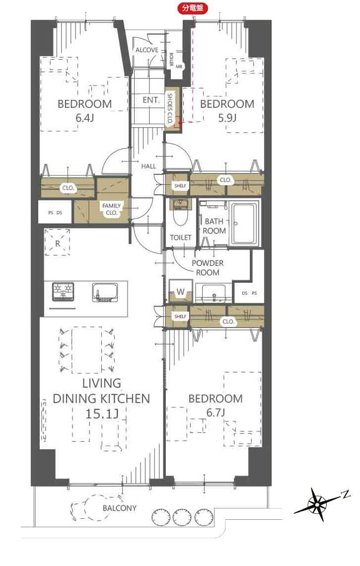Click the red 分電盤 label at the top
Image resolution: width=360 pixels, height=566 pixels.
point(193,8)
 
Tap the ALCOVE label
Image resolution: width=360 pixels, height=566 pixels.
point(147,50)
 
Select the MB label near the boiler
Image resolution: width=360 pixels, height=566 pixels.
point(179,67)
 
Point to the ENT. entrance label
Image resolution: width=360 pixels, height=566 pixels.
point(151,100)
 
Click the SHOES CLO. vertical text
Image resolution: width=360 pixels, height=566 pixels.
point(170,108)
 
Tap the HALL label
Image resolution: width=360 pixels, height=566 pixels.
point(148,166)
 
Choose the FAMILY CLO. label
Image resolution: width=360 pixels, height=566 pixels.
point(111,209)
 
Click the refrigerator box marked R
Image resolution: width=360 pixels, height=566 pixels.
point(58,243)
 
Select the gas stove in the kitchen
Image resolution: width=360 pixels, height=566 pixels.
point(64,291)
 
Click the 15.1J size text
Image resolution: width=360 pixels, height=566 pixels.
point(102,413)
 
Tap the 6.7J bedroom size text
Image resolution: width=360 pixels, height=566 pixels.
point(216,412)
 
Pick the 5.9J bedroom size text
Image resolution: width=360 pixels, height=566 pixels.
point(227,118)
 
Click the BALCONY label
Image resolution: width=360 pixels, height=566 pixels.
point(119,508)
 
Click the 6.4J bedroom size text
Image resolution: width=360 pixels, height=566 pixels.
point(84,118)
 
